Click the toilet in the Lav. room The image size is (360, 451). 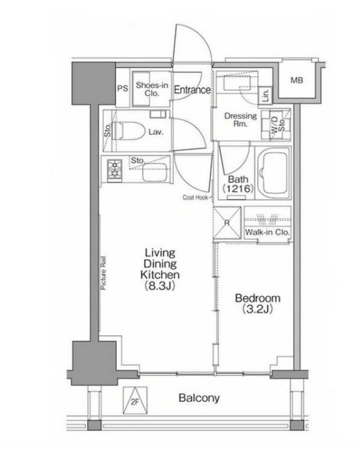(x=129, y=131)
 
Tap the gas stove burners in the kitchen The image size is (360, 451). (x=114, y=170)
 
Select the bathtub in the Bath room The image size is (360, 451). (x=274, y=173)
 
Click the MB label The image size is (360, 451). (x=297, y=80)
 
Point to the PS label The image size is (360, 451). (x=123, y=88)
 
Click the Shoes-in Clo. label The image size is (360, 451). (x=152, y=89)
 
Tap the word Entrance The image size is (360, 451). (x=192, y=90)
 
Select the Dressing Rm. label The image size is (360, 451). (x=240, y=120)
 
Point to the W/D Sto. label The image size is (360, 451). (x=278, y=125)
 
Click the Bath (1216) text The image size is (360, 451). (x=238, y=184)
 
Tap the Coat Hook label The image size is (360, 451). (x=195, y=198)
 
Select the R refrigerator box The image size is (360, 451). (x=227, y=223)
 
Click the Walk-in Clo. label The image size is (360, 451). (x=267, y=232)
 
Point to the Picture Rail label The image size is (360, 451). (x=103, y=273)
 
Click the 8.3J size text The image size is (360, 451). (x=160, y=286)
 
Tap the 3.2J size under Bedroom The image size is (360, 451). (x=257, y=309)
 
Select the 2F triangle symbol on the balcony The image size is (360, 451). (x=135, y=400)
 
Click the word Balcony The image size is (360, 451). (x=199, y=398)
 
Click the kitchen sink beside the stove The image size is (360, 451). (x=155, y=173)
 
